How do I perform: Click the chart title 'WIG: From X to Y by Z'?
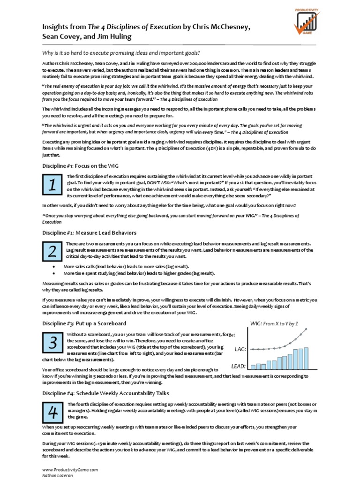275,323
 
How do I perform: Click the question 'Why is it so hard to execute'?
125,52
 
